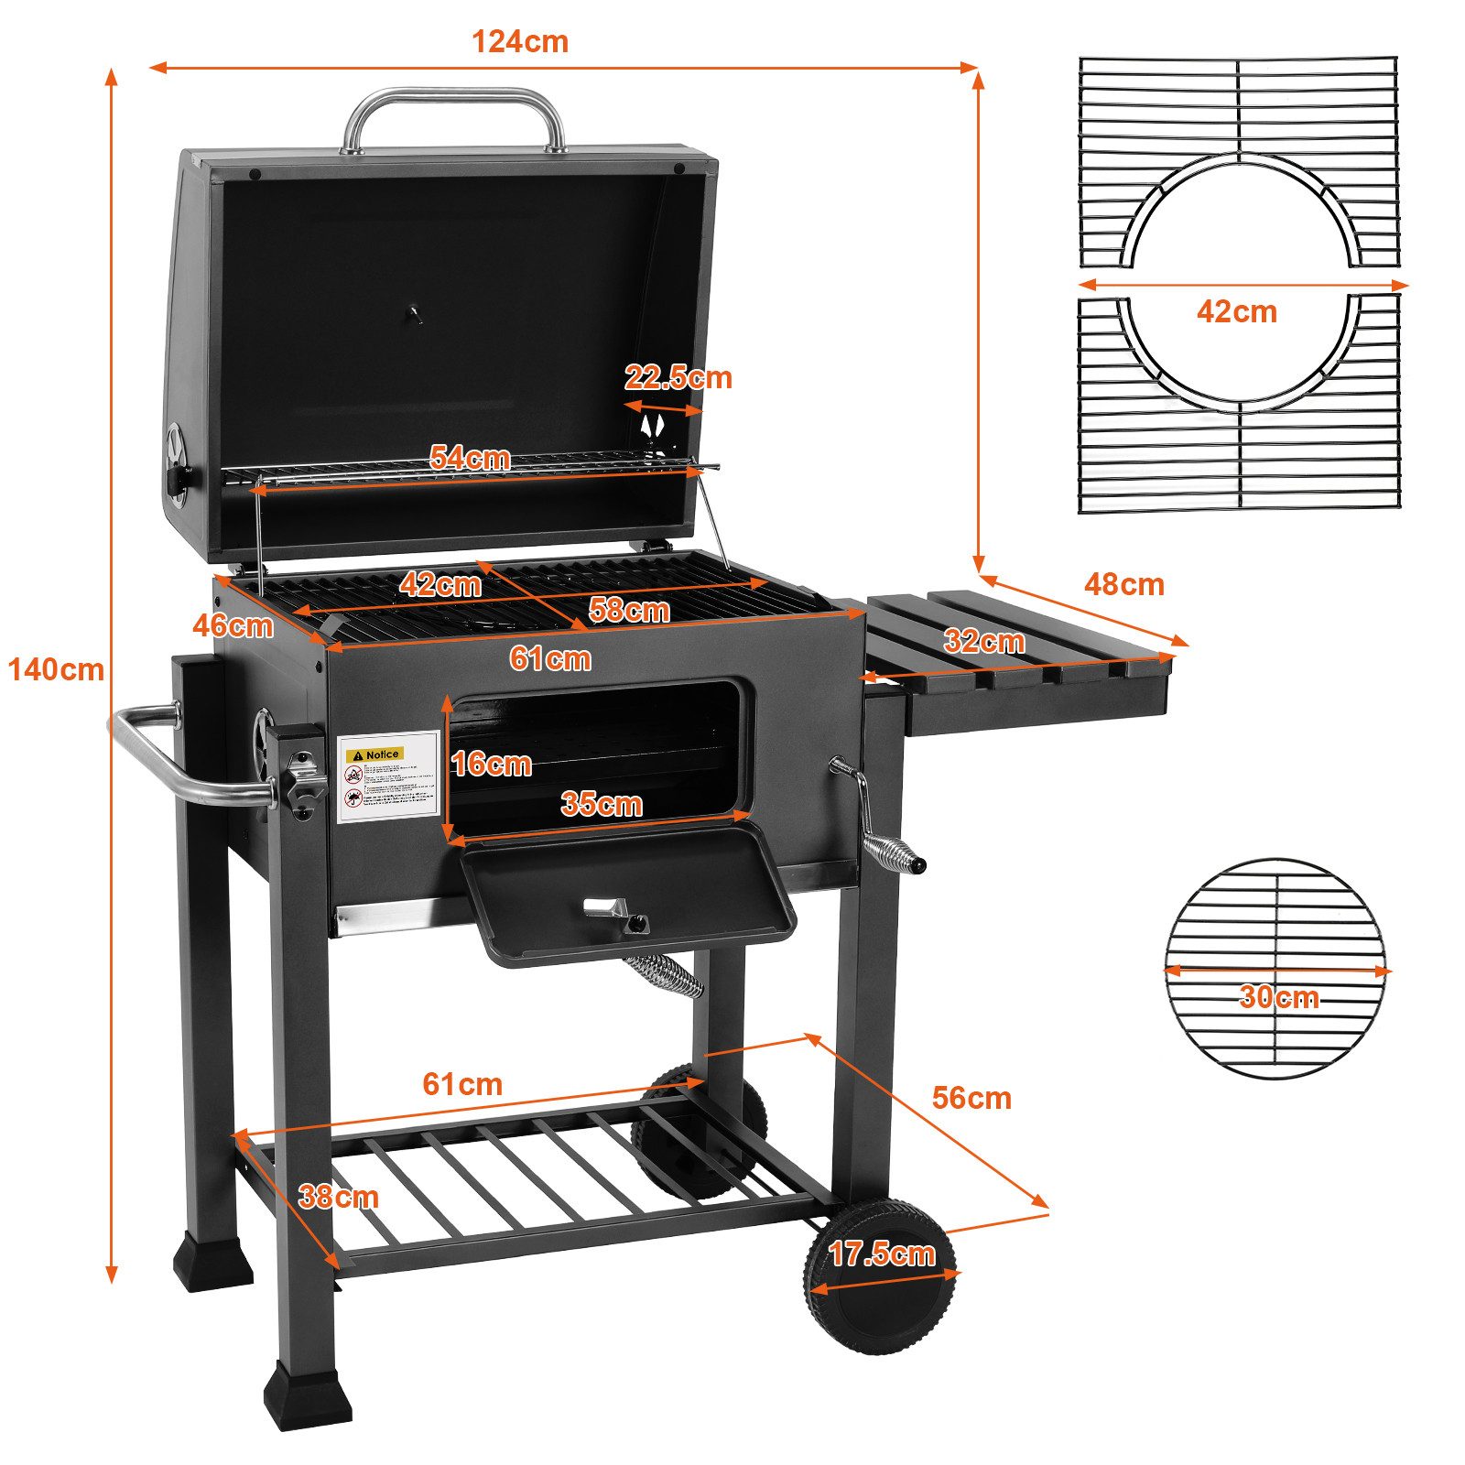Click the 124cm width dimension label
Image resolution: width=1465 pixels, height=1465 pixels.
pos(519,42)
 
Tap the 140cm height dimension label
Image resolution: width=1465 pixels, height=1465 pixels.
pos(56,670)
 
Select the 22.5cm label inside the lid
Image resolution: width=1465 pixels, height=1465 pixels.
pos(678,377)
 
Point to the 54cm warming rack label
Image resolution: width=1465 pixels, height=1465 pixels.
pos(470,458)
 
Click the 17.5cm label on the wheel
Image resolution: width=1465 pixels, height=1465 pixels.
pos(882,1253)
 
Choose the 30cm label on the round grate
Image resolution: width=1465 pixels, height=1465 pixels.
pos(1278,996)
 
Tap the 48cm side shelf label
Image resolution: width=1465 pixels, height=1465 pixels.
pos(1123,584)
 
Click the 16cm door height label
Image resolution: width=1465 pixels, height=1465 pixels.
pos(492,764)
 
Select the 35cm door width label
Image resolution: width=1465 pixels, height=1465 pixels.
pos(602,804)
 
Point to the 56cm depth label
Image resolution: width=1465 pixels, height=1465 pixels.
pos(971,1098)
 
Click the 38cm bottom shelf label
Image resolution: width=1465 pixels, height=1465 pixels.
pos(338,1197)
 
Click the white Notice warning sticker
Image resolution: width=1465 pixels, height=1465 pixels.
pos(388,777)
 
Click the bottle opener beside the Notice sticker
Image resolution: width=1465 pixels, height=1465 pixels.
pos(301,779)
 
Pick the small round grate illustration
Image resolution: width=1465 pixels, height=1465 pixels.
pos(1276,968)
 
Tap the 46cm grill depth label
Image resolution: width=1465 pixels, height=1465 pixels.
pos(233,625)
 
